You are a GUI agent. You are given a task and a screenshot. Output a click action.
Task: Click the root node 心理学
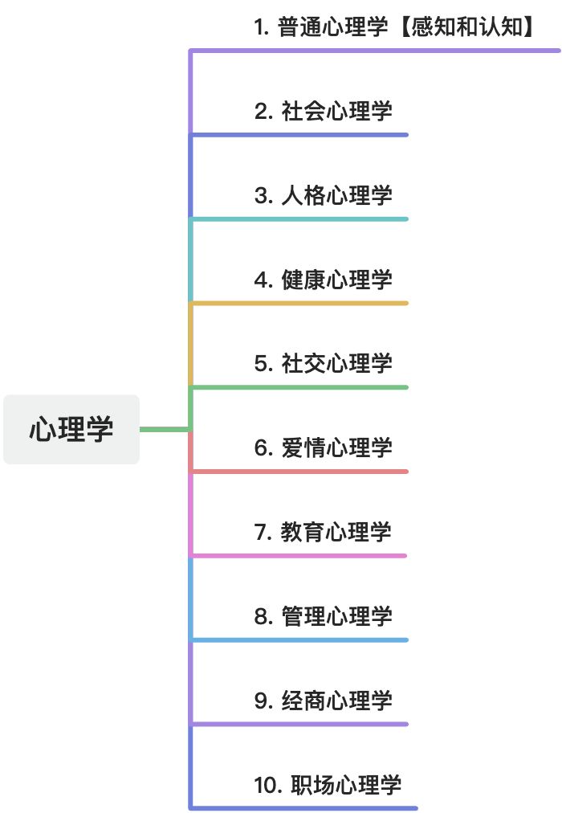point(71,429)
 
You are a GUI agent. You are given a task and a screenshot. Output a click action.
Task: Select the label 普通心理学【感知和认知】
point(394,27)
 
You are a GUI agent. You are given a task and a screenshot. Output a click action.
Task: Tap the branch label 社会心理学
point(336,111)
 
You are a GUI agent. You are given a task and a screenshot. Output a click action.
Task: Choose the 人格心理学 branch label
point(336,195)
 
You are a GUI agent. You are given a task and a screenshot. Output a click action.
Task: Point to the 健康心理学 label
point(336,280)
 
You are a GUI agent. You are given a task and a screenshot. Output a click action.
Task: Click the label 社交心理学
point(336,363)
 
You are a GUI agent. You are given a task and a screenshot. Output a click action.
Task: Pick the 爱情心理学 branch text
point(336,447)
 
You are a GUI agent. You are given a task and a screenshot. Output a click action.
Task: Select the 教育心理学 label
point(336,532)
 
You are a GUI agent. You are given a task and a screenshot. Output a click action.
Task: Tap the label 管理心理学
point(336,616)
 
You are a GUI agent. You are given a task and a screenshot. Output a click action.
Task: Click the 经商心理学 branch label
point(336,701)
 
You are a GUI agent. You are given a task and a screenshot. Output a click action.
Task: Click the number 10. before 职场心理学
point(266,785)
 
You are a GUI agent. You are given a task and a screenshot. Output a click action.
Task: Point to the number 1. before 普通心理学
point(260,27)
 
